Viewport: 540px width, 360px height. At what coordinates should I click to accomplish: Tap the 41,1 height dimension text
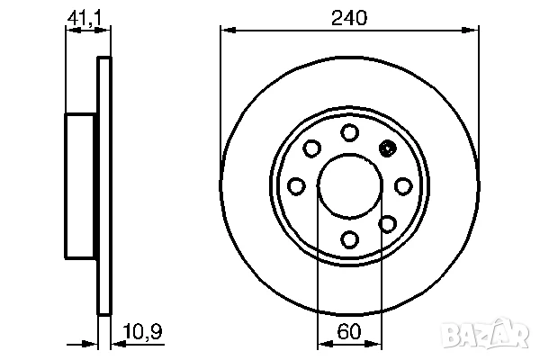(x=83, y=16)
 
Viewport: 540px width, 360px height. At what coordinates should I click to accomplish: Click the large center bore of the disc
(x=349, y=185)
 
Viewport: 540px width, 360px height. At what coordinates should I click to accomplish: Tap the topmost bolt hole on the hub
(x=349, y=132)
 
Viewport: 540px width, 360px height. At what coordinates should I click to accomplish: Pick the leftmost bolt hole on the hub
(x=296, y=185)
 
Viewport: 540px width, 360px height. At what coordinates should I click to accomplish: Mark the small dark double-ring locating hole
(x=388, y=149)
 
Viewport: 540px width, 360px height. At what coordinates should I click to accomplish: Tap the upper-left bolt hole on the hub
(x=311, y=148)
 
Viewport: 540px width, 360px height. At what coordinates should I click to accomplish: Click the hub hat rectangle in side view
(x=81, y=185)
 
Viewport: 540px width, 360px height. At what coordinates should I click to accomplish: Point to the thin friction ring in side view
(x=104, y=185)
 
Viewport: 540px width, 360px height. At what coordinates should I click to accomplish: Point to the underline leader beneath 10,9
(x=139, y=342)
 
